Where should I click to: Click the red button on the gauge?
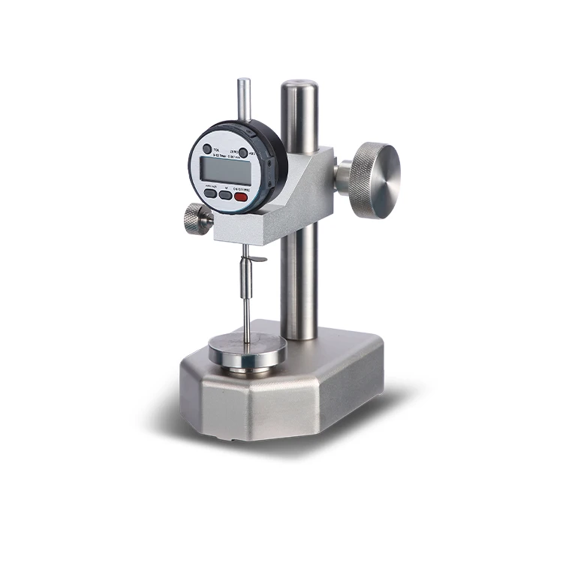(242, 197)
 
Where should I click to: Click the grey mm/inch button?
(210, 194)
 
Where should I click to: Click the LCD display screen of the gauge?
(225, 170)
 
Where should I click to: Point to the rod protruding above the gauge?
(242, 98)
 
